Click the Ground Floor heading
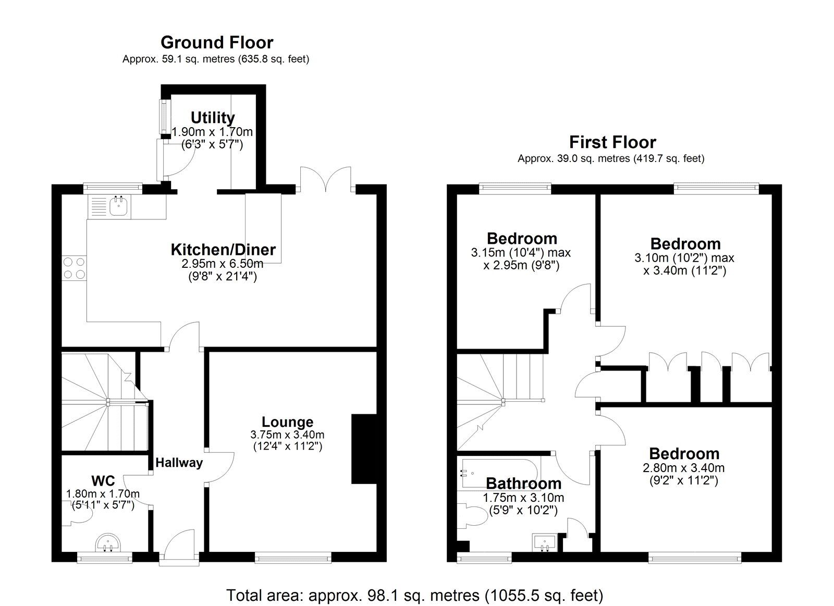216,42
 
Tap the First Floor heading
612,142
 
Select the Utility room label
212,117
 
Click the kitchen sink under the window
119,206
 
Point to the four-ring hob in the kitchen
74,268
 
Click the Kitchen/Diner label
223,250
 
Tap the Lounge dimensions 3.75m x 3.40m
287,435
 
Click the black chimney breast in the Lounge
364,449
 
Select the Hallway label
179,462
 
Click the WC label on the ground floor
103,480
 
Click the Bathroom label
523,484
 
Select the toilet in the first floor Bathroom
473,516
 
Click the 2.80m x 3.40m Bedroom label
684,453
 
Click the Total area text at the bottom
414,595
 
